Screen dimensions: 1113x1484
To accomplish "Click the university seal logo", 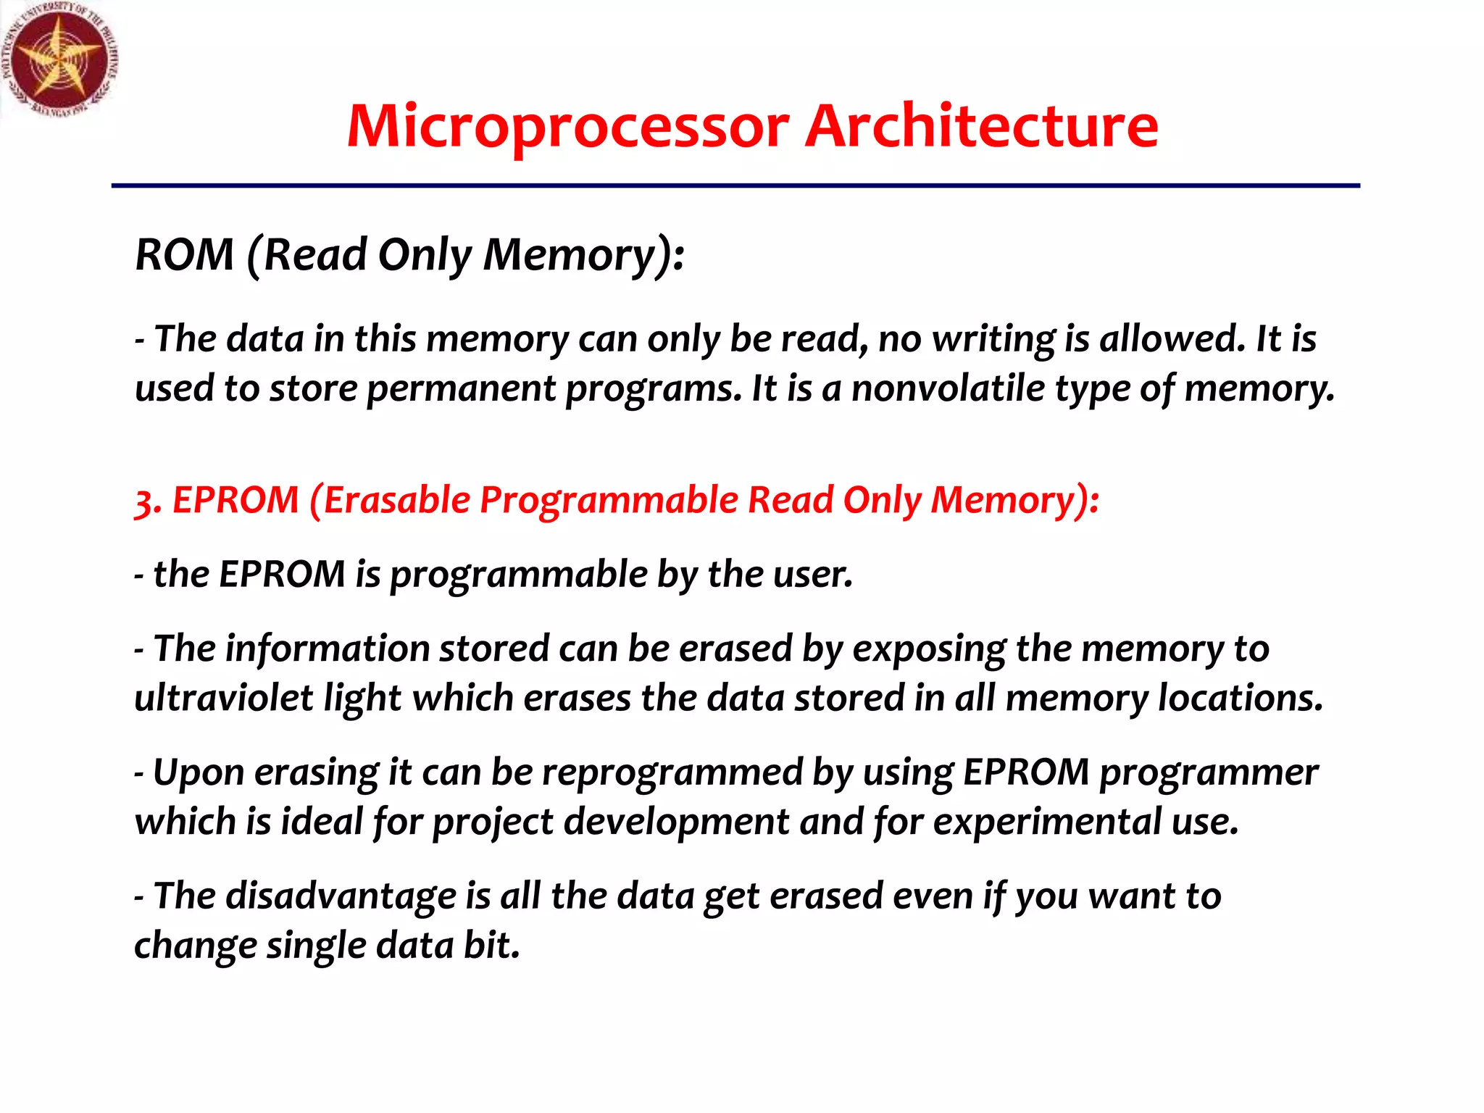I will click(59, 59).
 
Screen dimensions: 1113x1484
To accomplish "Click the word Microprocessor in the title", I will click(567, 127).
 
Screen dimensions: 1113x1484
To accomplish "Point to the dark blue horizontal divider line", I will click(735, 186).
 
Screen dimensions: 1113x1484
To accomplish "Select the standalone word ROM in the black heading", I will click(185, 255).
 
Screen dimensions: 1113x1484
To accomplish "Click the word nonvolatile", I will click(948, 389).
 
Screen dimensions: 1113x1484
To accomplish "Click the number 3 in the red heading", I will click(145, 501).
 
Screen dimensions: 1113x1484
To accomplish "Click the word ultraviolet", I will click(224, 699).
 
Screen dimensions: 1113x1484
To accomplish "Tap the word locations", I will click(1240, 699).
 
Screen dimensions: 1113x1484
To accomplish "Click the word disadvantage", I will click(341, 896).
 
